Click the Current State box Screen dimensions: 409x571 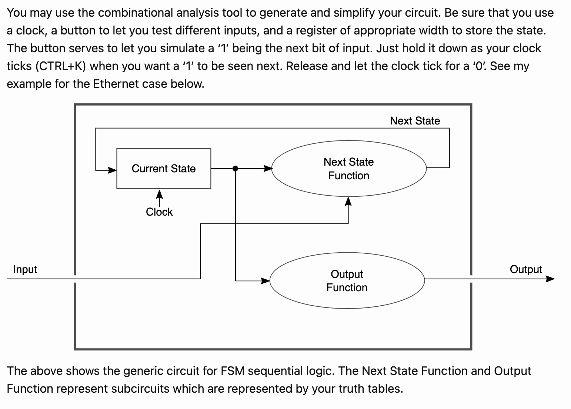pos(164,169)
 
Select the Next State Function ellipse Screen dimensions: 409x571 pos(348,169)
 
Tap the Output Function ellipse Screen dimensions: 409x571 pos(347,281)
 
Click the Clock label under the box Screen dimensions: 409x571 pos(159,212)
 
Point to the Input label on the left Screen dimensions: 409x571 pos(25,269)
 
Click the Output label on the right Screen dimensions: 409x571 pos(525,269)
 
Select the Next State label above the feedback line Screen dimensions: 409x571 pos(415,121)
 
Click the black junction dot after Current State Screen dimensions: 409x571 pos(235,169)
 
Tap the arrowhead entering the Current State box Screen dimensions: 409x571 pos(112,170)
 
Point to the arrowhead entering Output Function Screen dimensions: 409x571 pos(265,281)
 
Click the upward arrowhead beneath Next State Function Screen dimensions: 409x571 pos(348,202)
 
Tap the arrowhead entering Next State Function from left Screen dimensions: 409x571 pos(268,169)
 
